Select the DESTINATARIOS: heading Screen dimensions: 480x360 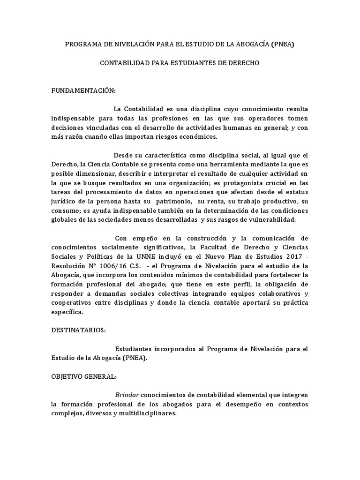tap(79, 330)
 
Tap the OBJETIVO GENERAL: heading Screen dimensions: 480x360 tap(84, 376)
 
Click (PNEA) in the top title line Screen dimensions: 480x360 tap(284, 45)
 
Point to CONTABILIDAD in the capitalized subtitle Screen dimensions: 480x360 tap(124, 62)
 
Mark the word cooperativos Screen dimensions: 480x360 tap(73, 302)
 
